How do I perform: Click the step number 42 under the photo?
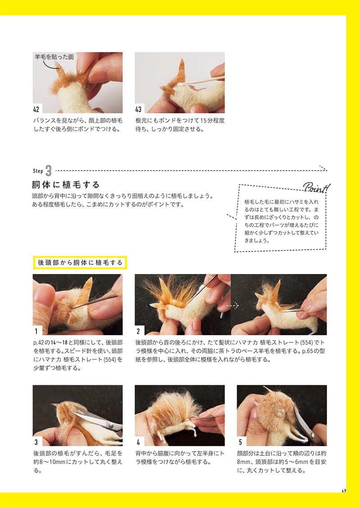tap(36, 109)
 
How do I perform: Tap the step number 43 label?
tap(138, 109)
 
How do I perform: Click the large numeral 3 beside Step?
tap(49, 171)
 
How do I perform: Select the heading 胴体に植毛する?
tap(65, 184)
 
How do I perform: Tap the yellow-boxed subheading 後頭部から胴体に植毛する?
tap(80, 262)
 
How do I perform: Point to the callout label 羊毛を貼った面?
tap(54, 57)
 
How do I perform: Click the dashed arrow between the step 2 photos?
tap(232, 305)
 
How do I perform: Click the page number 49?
tap(344, 490)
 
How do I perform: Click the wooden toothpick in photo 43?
tap(204, 80)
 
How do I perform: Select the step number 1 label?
tap(36, 331)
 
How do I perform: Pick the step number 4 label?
tap(138, 442)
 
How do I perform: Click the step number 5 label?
tap(240, 442)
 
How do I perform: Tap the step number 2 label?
tap(138, 331)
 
